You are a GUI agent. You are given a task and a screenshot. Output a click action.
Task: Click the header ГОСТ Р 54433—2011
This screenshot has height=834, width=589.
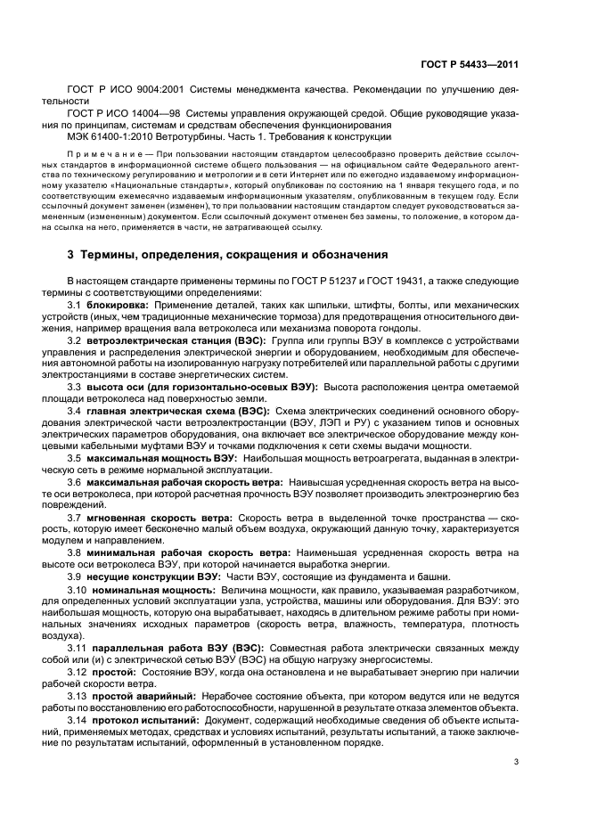[x=470, y=63]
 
